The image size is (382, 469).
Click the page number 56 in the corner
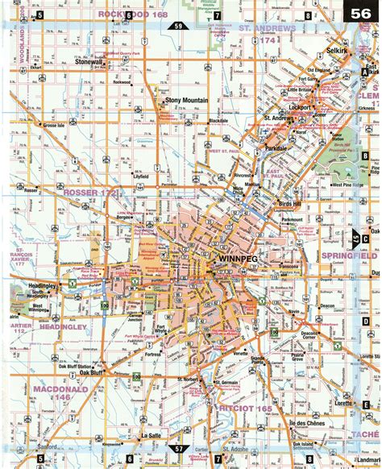[361, 14]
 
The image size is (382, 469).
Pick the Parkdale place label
[276, 148]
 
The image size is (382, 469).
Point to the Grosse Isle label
[56, 126]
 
